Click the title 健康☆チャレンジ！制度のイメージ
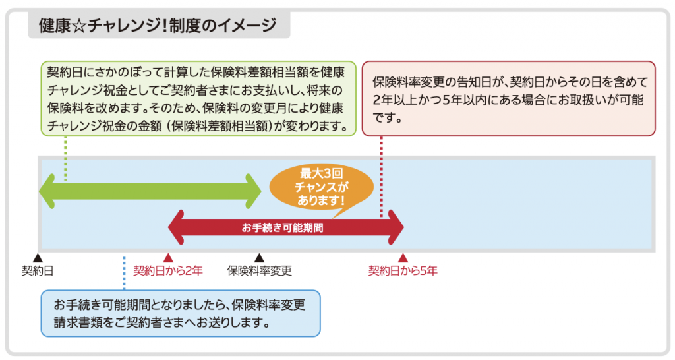pyautogui.click(x=158, y=26)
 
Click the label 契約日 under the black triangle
pyautogui.click(x=37, y=270)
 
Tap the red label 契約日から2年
pyautogui.click(x=168, y=270)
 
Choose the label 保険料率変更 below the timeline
pyautogui.click(x=259, y=270)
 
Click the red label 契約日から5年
pyautogui.click(x=403, y=270)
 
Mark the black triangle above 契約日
pyautogui.click(x=38, y=258)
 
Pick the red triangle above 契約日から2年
pyautogui.click(x=168, y=258)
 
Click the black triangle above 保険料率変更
pyautogui.click(x=260, y=258)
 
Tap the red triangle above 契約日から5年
pyautogui.click(x=403, y=258)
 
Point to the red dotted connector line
pyautogui.click(x=382, y=178)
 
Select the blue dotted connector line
pyautogui.click(x=124, y=274)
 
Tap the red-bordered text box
pyautogui.click(x=508, y=98)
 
